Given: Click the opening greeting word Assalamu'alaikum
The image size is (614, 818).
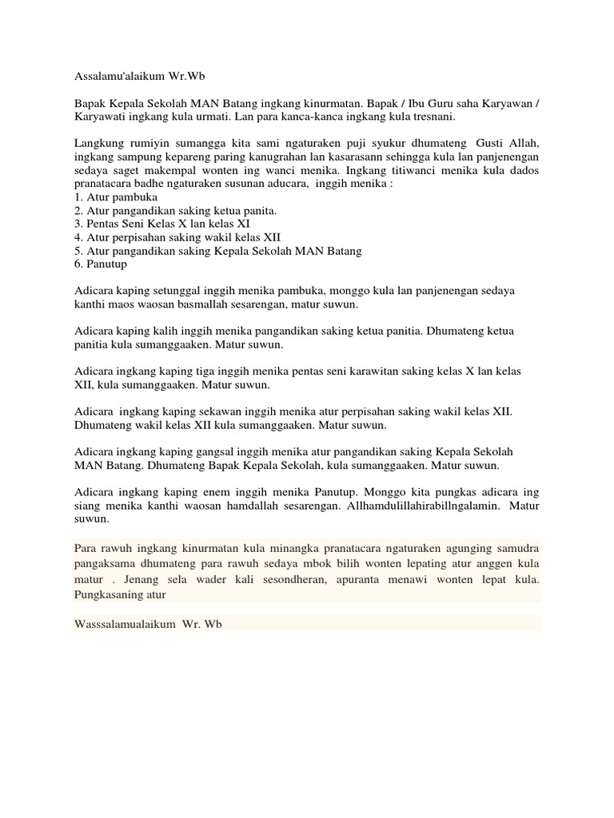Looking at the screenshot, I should (x=117, y=81).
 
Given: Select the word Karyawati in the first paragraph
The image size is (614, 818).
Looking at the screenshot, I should (x=99, y=117).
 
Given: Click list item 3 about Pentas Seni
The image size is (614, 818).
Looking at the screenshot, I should (x=161, y=224).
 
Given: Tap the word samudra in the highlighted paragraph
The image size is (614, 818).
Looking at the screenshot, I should (x=518, y=550).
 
